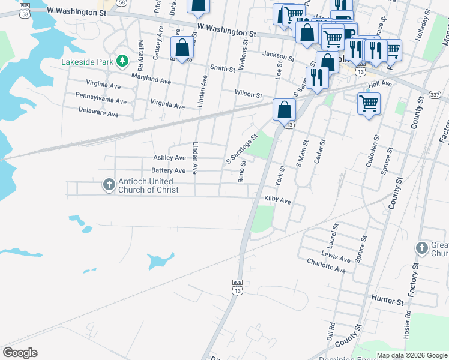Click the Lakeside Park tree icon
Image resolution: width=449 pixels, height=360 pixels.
click(x=122, y=61)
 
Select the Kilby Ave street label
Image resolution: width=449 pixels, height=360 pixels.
click(x=277, y=199)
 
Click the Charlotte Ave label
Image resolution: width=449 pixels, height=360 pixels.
click(x=326, y=266)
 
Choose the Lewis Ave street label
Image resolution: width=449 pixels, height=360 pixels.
click(x=336, y=256)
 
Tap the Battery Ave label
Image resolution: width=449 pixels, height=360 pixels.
click(x=168, y=170)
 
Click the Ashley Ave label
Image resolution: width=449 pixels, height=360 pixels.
click(x=169, y=158)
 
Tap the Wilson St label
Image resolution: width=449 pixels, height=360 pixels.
click(x=249, y=95)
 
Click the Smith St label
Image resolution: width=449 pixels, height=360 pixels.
click(x=223, y=68)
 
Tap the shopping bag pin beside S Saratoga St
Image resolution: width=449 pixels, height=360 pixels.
click(x=284, y=110)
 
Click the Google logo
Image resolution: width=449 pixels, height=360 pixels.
click(x=20, y=353)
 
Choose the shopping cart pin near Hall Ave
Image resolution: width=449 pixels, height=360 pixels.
click(x=369, y=103)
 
